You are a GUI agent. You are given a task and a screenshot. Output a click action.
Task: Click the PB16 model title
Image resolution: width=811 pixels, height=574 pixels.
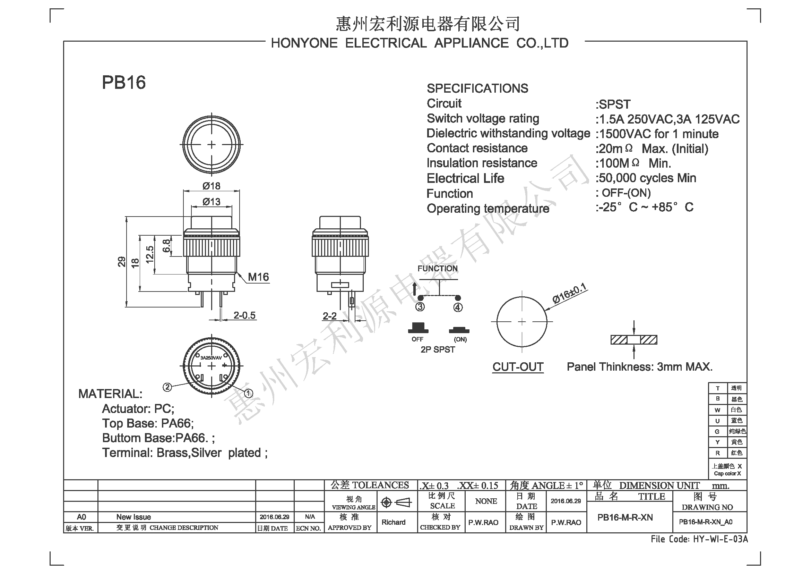(124, 82)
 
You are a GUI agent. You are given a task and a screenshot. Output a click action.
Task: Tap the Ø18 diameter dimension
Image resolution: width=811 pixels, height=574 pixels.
(211, 186)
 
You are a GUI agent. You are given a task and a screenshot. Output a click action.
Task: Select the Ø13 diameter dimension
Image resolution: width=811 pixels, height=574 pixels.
(211, 202)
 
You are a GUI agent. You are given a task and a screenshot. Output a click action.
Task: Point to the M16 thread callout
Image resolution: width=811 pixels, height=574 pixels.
(258, 277)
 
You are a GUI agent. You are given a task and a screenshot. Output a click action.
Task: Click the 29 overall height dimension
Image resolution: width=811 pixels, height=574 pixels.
(121, 262)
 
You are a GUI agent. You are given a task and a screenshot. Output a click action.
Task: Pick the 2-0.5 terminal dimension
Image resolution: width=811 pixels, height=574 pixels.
(244, 315)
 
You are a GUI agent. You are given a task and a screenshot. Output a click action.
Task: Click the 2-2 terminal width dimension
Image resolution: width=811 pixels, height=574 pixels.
(329, 316)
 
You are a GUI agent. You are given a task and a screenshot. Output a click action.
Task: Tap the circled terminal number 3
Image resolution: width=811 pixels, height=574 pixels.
(420, 307)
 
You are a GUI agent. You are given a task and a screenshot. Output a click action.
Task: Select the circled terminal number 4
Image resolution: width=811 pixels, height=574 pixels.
(458, 307)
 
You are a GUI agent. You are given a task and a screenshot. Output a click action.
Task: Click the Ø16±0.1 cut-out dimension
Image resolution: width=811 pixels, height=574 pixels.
(569, 294)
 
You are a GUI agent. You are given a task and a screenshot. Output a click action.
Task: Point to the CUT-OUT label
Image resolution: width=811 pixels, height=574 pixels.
(518, 367)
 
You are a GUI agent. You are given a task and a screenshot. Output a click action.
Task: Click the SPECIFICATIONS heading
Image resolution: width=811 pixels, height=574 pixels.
(477, 88)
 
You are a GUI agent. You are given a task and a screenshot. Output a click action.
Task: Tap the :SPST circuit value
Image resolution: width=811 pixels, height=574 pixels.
(613, 104)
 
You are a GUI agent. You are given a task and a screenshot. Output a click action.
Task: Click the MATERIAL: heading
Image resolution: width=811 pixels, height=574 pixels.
(110, 394)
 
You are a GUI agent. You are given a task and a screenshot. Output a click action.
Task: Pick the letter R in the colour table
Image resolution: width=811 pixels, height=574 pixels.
(717, 453)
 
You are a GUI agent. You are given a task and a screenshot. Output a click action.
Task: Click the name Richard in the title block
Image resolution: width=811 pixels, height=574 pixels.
(394, 522)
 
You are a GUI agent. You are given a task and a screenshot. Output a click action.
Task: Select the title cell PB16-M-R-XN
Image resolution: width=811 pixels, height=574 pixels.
(625, 517)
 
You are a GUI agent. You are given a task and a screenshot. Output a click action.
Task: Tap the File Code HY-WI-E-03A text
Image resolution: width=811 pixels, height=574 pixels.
(699, 539)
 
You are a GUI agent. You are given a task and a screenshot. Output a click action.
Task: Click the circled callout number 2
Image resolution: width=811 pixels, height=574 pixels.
(167, 387)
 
